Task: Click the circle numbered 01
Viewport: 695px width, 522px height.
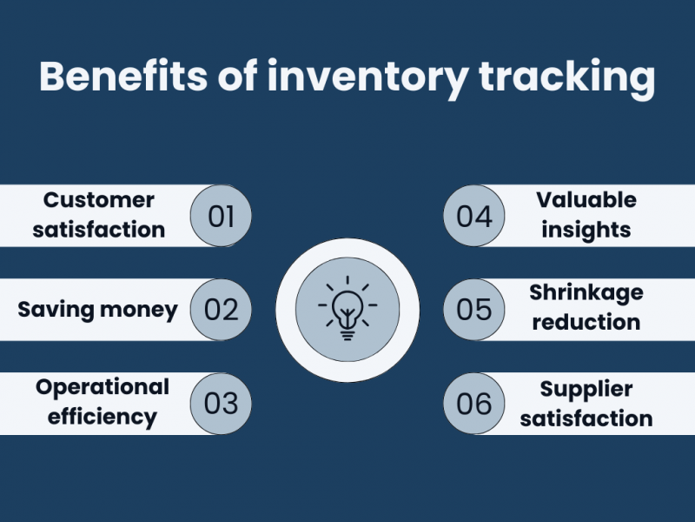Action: click(x=221, y=215)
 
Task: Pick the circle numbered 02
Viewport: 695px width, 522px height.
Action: click(x=221, y=309)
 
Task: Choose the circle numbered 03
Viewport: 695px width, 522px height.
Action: click(x=221, y=404)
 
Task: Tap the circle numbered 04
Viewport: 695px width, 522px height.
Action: click(x=474, y=215)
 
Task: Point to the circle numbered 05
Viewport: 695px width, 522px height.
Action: click(x=474, y=309)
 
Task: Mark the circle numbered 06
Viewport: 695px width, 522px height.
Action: click(x=474, y=404)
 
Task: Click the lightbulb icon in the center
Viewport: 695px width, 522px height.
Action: click(x=347, y=310)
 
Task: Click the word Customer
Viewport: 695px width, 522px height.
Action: click(x=99, y=200)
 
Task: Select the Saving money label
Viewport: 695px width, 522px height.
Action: click(x=97, y=309)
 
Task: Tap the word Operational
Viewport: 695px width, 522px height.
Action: click(x=103, y=386)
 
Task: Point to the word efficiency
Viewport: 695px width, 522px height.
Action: click(x=103, y=416)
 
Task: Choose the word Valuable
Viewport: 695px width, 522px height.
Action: click(x=586, y=200)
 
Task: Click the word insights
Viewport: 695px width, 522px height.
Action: click(x=586, y=230)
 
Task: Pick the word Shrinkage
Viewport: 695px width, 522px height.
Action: click(x=586, y=292)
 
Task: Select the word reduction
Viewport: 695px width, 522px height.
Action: click(x=586, y=322)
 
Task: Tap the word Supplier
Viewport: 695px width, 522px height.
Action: click(x=586, y=388)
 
